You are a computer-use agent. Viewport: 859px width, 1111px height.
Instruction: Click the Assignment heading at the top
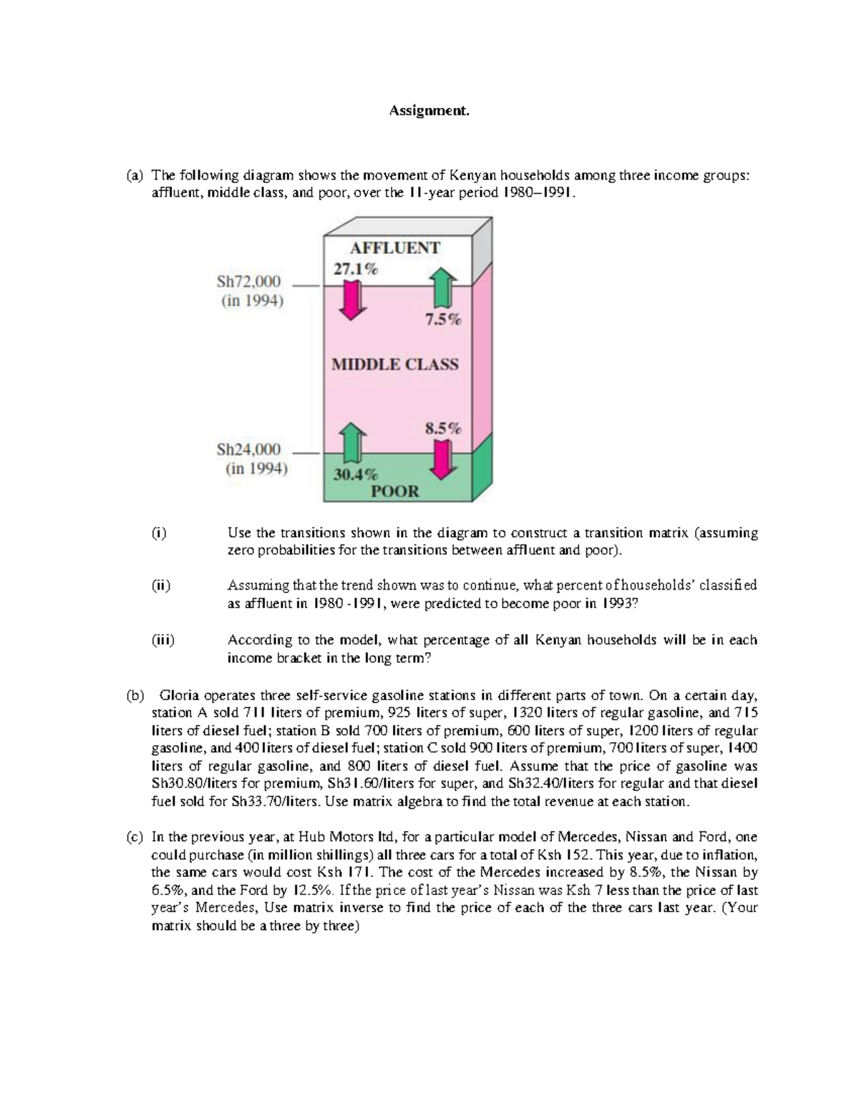pos(429,111)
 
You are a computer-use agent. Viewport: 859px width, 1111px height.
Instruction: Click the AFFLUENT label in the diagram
pos(394,248)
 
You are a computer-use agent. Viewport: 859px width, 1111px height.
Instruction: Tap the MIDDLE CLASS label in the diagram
pos(394,364)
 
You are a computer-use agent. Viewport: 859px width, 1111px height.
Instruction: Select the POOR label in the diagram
pos(394,491)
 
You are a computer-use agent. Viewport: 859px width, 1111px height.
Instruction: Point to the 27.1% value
pos(355,269)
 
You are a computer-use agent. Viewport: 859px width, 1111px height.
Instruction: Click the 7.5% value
pos(443,320)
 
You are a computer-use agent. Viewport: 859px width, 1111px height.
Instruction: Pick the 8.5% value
pos(443,429)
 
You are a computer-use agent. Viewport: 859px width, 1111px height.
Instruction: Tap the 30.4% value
pos(356,474)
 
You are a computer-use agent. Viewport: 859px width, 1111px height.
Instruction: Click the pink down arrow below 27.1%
pos(351,300)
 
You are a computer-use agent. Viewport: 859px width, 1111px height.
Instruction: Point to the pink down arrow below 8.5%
pos(444,459)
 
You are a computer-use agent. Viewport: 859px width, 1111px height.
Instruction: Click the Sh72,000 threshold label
pos(249,281)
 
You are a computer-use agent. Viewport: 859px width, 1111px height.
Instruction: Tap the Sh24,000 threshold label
pos(249,450)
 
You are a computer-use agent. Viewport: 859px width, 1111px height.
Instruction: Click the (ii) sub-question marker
pos(160,585)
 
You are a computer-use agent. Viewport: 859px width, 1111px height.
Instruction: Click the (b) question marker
pos(135,695)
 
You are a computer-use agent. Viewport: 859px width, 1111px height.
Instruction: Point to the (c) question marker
pos(135,837)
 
